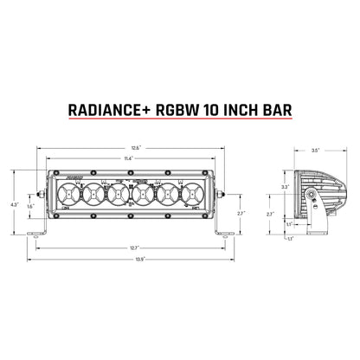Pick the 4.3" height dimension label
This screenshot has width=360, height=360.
13,203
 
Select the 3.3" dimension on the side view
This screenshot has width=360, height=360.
285,186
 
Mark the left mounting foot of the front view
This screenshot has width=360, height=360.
38,231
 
